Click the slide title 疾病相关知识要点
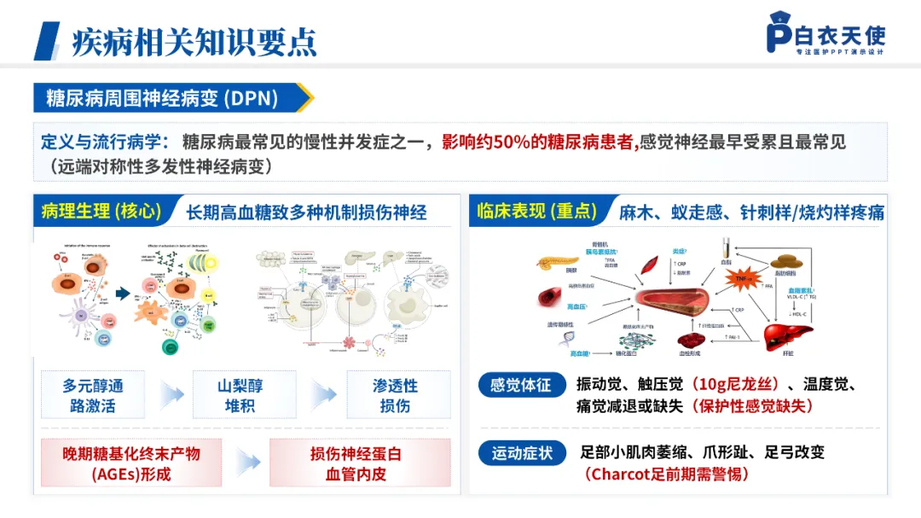(194, 40)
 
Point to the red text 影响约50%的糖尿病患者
(539, 143)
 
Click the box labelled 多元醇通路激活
(93, 395)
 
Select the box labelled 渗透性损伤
(395, 395)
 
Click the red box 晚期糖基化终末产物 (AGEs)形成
(131, 463)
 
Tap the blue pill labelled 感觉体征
(521, 385)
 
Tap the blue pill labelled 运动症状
(521, 453)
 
